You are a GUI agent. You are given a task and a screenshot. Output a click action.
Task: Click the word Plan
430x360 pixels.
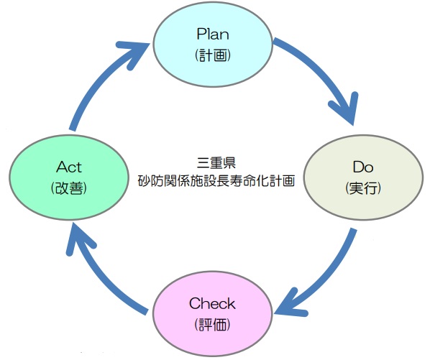[x=213, y=34]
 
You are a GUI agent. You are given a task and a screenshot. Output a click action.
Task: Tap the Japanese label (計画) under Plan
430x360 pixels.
[x=213, y=55]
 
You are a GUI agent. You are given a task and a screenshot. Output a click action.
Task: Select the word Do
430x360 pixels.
[x=363, y=167]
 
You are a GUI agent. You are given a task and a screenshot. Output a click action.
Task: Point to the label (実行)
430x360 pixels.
[x=363, y=188]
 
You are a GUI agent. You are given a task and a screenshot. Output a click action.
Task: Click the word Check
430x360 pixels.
[x=212, y=303]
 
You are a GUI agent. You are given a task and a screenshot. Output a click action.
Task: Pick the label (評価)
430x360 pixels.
[x=213, y=325]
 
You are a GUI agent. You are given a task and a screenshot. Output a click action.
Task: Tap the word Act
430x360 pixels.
[x=69, y=167]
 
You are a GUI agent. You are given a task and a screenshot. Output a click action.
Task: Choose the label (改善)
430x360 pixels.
[x=69, y=188]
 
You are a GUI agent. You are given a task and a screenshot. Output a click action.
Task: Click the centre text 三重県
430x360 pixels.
[x=216, y=162]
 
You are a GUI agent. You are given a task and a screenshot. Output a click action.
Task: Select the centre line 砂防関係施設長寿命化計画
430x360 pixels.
[x=216, y=180]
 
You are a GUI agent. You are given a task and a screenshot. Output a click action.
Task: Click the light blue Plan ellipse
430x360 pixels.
[x=213, y=45]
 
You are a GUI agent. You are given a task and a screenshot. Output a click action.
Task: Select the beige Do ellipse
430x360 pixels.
[x=363, y=177]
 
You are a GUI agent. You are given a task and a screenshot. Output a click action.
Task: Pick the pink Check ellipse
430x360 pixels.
[x=213, y=315]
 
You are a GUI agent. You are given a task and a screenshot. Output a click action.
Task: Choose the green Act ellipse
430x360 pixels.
[x=69, y=177]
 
